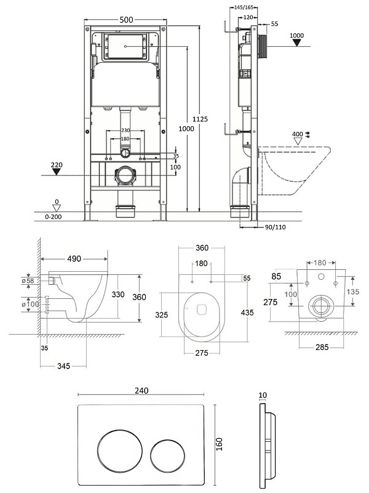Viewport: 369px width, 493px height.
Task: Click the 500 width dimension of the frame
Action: pos(127,20)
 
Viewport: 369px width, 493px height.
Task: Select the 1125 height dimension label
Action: pos(200,119)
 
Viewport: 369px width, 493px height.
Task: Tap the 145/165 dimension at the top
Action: pos(244,7)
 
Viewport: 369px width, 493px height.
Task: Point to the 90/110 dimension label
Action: pos(275,227)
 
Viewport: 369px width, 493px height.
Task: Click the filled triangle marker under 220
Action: pos(57,171)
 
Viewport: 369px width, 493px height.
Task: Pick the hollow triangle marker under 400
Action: pos(298,141)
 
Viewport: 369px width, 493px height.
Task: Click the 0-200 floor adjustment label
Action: pos(54,216)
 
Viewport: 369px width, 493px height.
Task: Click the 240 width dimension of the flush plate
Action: pos(141,391)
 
